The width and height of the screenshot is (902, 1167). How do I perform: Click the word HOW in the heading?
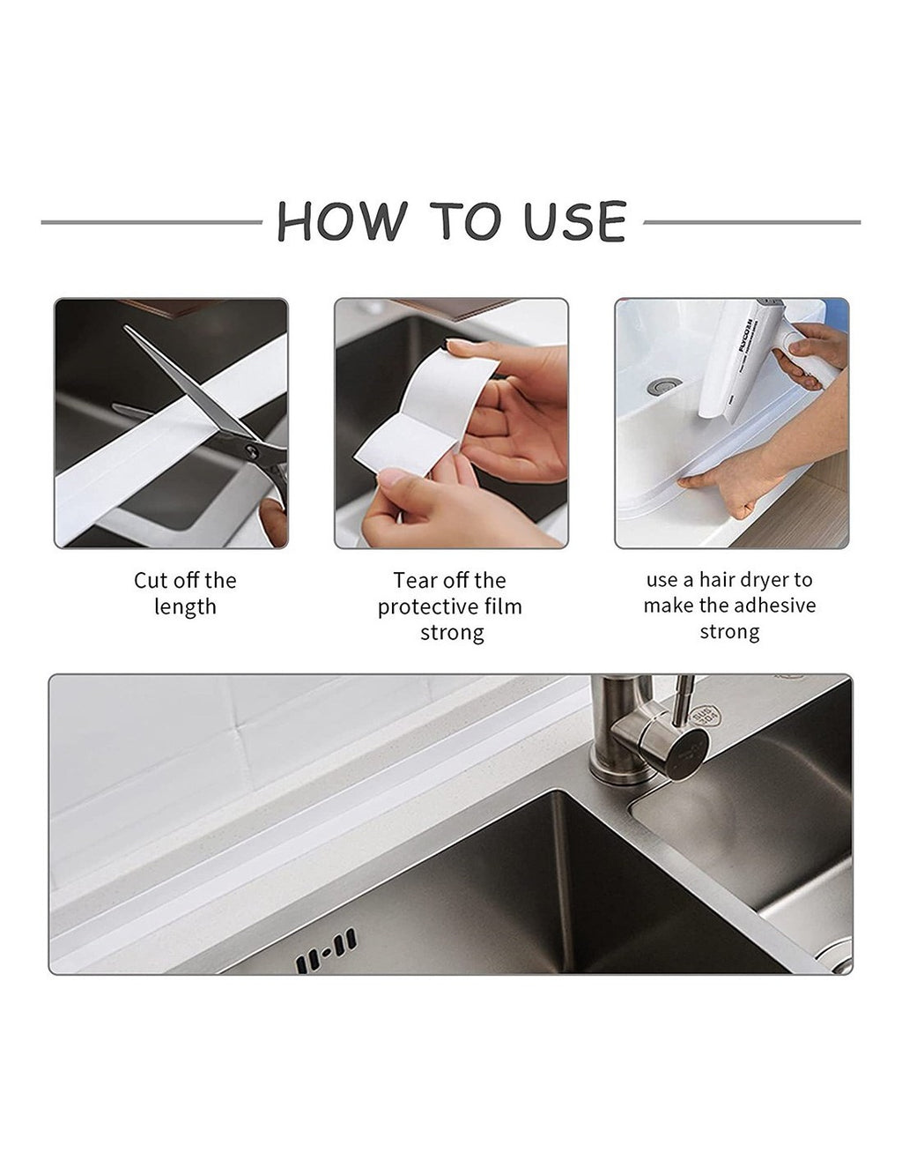(x=341, y=220)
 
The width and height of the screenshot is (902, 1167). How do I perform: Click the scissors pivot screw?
(x=250, y=449)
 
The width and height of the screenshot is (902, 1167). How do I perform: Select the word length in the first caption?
(x=185, y=607)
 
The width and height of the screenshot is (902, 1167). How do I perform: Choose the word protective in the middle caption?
(x=428, y=607)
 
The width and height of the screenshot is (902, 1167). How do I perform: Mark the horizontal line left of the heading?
(x=152, y=222)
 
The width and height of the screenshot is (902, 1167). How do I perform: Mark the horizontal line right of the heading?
(x=752, y=222)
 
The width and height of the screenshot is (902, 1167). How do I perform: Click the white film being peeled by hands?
(x=427, y=412)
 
